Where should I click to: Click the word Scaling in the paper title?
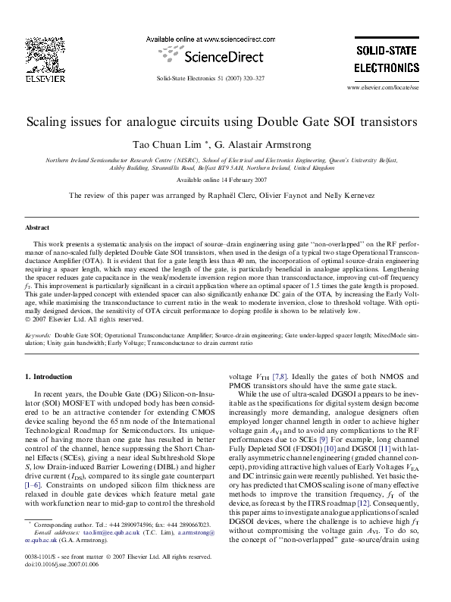[x=52, y=121]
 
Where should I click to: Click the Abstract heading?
[x=37, y=227]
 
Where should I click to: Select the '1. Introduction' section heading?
[x=49, y=376]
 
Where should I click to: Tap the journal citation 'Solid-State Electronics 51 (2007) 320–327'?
[x=211, y=78]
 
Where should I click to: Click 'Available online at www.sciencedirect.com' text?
[x=209, y=38]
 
